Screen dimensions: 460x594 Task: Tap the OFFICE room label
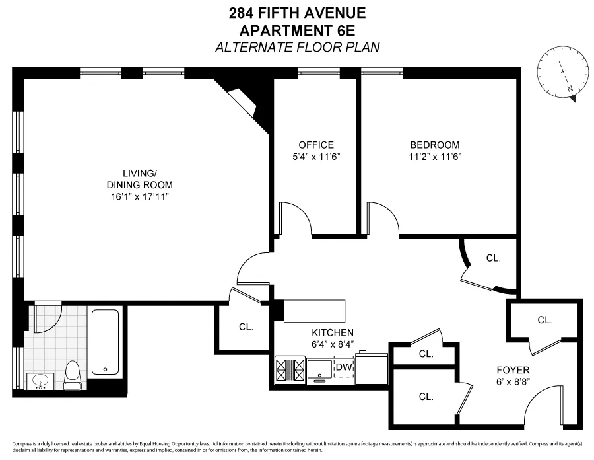[316, 145]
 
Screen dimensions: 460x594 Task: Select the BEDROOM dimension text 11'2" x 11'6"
[435, 157]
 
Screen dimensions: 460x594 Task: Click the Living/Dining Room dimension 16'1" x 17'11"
[139, 197]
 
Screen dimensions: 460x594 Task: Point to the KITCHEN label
[333, 332]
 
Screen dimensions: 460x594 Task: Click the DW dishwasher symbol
[343, 367]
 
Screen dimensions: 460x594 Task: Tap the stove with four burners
[290, 369]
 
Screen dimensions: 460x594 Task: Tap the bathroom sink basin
[41, 381]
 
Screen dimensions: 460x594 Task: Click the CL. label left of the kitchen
[246, 326]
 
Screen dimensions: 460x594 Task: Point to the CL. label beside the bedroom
[494, 258]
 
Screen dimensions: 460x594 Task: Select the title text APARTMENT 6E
[296, 30]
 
